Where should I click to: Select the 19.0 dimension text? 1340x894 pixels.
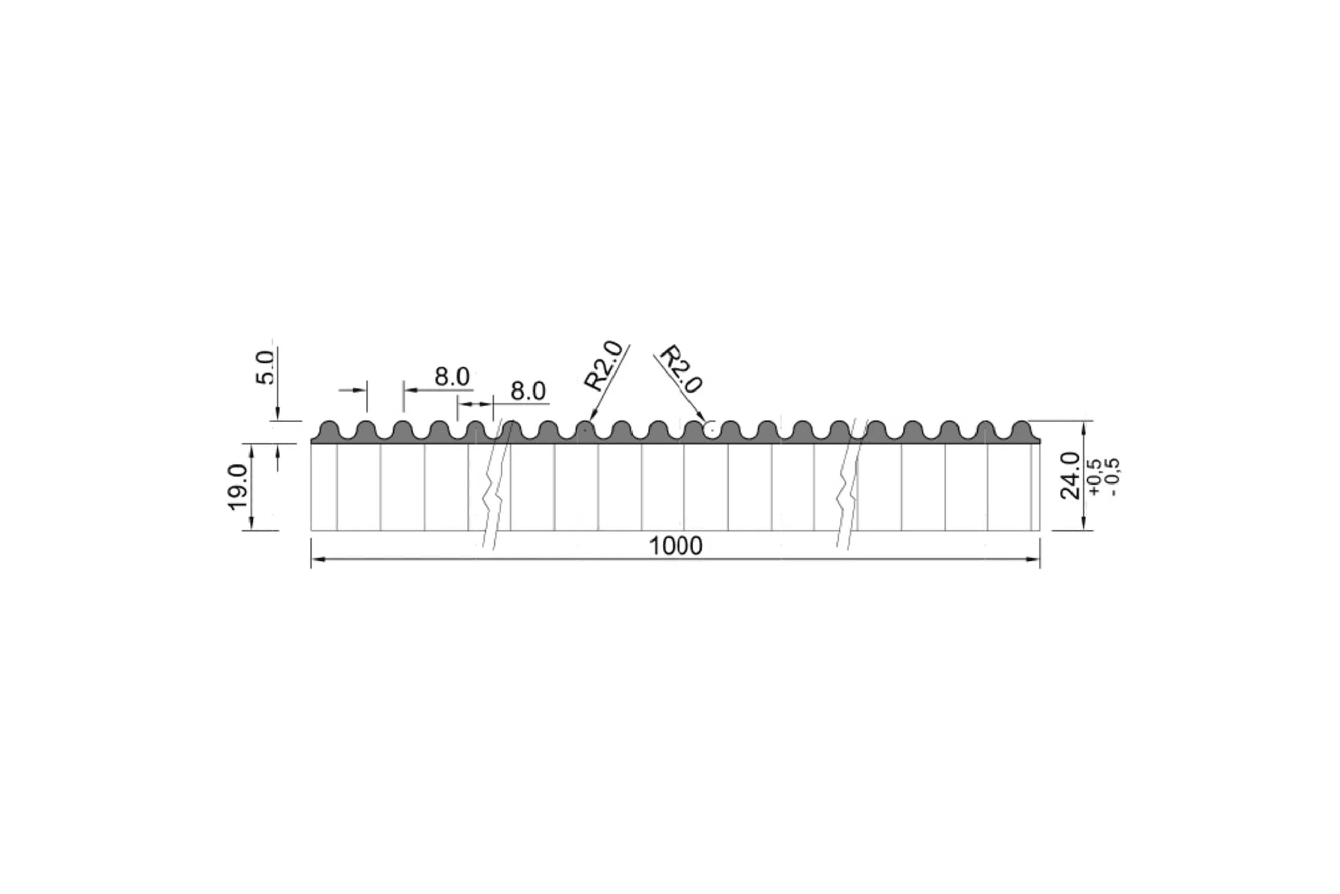pyautogui.click(x=239, y=487)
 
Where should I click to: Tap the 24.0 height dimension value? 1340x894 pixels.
pyautogui.click(x=1070, y=475)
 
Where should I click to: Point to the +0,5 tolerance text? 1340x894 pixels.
pyautogui.click(x=1095, y=478)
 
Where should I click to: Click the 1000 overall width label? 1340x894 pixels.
pyautogui.click(x=676, y=546)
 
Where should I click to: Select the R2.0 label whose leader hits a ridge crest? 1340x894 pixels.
pyautogui.click(x=604, y=366)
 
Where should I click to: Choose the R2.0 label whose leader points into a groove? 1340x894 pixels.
pyautogui.click(x=681, y=369)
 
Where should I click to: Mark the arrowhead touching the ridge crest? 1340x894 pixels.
pyautogui.click(x=593, y=414)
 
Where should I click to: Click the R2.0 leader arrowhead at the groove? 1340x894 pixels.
pyautogui.click(x=702, y=417)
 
